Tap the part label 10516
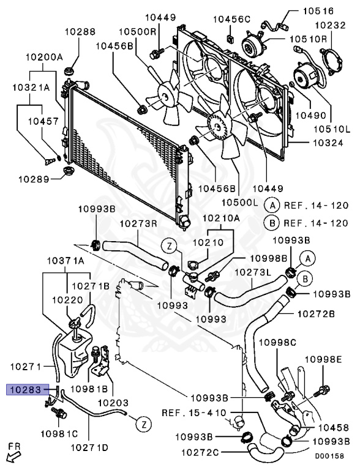318,11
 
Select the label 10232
330,25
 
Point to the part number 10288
80,31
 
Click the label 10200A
44,57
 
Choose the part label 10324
328,143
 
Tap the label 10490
311,115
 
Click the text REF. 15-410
194,412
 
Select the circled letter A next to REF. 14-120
272,206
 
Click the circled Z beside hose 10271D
144,424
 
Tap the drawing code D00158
329,456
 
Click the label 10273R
138,223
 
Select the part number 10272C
200,452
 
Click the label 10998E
323,359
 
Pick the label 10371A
66,261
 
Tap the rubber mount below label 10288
70,73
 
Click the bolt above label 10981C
59,413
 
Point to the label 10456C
231,19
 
